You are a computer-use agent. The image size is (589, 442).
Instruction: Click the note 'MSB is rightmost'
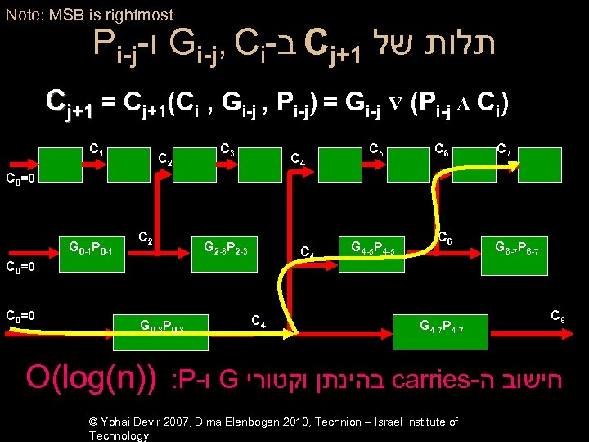89,15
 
